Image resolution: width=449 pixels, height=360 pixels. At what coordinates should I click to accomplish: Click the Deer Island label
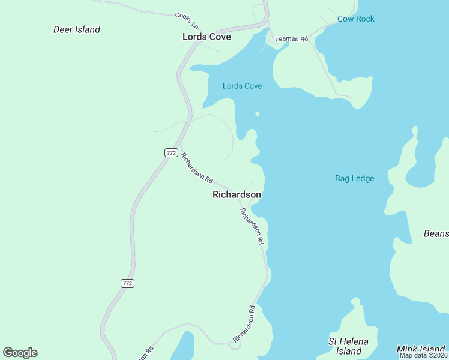pos(77,29)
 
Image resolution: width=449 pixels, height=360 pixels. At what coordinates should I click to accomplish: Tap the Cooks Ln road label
pos(186,19)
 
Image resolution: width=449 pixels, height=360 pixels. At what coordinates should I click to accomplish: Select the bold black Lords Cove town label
pos(206,37)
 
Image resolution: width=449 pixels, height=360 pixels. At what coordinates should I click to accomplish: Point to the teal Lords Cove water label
pos(242,86)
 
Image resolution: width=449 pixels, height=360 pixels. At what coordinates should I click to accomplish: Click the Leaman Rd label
pos(291,39)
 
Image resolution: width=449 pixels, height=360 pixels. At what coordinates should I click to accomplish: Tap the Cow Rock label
pos(355,19)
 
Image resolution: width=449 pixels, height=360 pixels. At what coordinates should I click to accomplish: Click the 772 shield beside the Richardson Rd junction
pos(171,153)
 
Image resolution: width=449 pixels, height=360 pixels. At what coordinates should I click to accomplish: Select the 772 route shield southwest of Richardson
pos(127,283)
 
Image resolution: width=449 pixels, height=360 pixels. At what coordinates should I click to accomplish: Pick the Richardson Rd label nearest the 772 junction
pos(197,168)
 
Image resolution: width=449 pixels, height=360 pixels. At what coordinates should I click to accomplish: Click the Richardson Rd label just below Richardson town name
pos(252,226)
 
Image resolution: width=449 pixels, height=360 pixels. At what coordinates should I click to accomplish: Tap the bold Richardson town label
pos(237,194)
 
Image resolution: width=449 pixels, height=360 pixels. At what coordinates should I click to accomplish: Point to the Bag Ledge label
pos(354,178)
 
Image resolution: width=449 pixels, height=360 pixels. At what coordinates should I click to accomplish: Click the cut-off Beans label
pos(436,233)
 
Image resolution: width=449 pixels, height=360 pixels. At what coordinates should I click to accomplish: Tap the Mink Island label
pos(422,349)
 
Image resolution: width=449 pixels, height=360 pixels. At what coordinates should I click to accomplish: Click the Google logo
pos(20,353)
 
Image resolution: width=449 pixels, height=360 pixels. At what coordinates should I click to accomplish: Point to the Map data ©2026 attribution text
pos(423,355)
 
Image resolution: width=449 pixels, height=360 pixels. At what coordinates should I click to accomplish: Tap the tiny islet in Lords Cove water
pos(257,113)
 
